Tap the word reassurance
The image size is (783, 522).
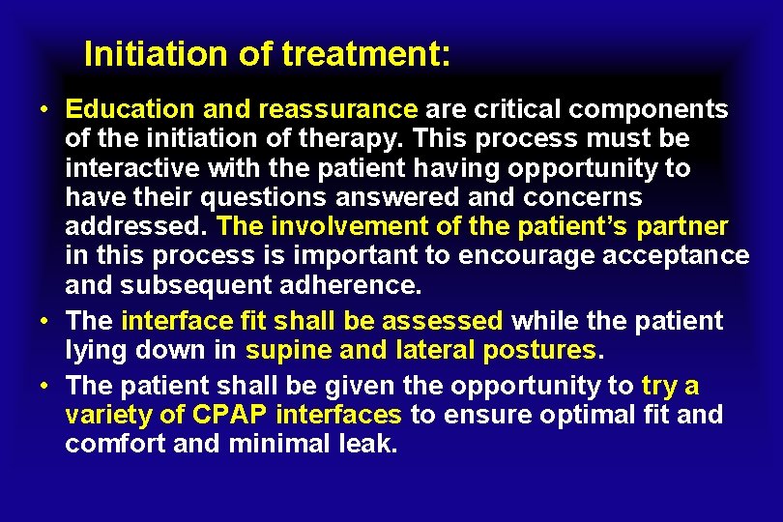338,108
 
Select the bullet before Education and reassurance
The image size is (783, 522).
45,108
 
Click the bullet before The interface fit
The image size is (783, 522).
45,320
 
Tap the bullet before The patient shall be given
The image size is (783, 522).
45,386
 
